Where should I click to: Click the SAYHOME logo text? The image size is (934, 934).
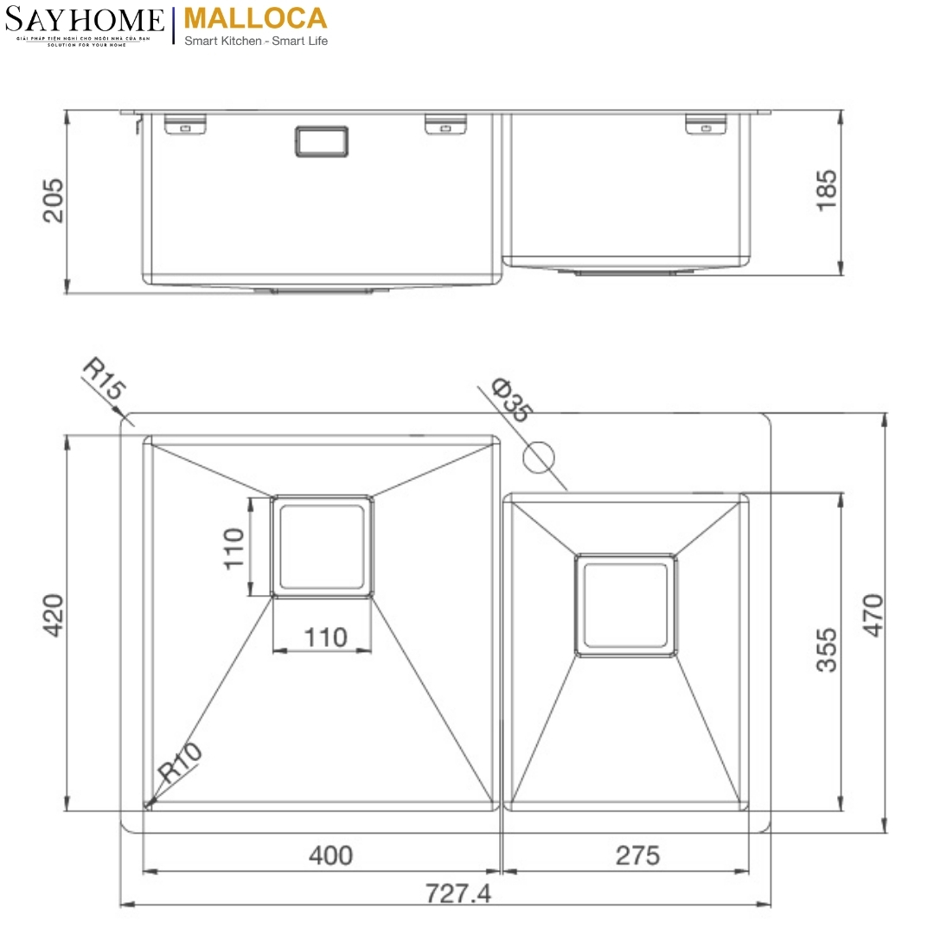pyautogui.click(x=85, y=20)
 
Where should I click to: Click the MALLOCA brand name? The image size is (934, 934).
pyautogui.click(x=256, y=18)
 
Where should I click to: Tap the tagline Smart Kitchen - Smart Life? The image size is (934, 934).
pyautogui.click(x=256, y=41)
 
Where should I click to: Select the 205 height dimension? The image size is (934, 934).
pyautogui.click(x=54, y=200)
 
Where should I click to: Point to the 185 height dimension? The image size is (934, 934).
pyautogui.click(x=826, y=189)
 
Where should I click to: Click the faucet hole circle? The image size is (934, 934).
pyautogui.click(x=539, y=456)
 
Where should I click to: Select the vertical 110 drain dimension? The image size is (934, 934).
pyautogui.click(x=233, y=547)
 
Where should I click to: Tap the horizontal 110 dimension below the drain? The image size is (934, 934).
pyautogui.click(x=325, y=637)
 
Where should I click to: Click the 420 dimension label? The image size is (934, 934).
pyautogui.click(x=54, y=616)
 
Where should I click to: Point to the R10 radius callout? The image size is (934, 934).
pyautogui.click(x=180, y=764)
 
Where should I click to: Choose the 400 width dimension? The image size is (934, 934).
pyautogui.click(x=330, y=855)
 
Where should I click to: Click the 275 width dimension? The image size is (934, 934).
pyautogui.click(x=637, y=855)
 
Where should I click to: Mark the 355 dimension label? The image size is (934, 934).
pyautogui.click(x=827, y=650)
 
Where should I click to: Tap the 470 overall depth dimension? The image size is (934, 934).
pyautogui.click(x=873, y=616)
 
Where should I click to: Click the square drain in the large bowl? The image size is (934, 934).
pyautogui.click(x=323, y=546)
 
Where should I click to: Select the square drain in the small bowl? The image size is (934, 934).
pyautogui.click(x=626, y=605)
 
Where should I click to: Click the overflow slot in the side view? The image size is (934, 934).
pyautogui.click(x=322, y=142)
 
